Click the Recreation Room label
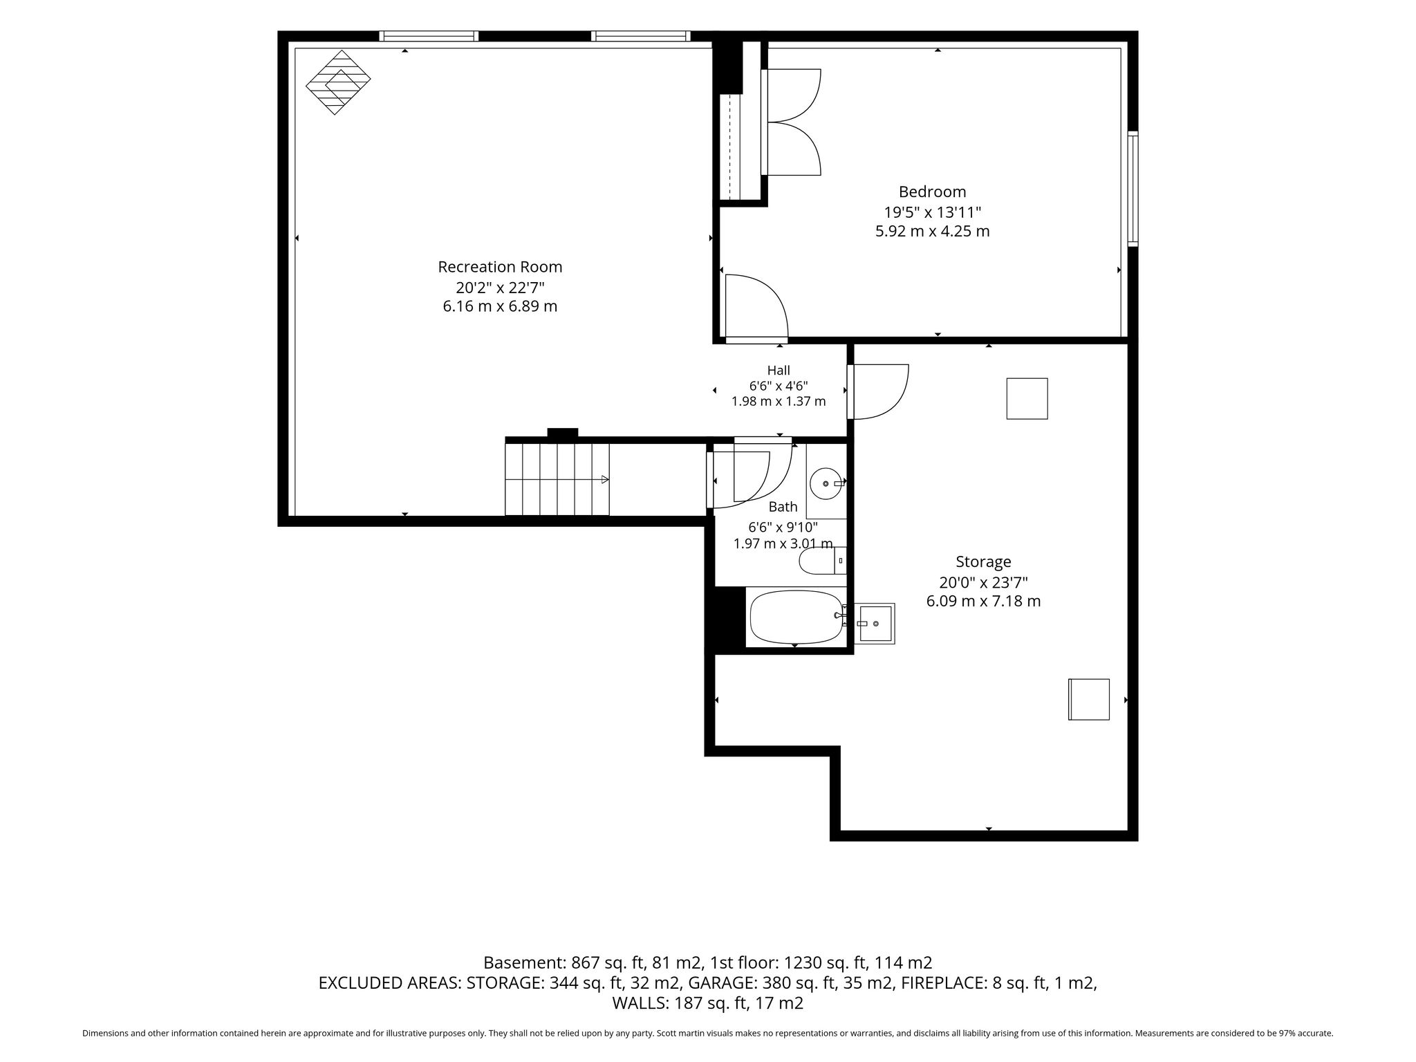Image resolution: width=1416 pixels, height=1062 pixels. pos(500,267)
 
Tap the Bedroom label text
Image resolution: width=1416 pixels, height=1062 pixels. pos(932,192)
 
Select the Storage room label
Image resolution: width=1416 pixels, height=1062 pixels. pos(983,562)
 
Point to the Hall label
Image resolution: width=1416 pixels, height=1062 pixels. pos(779,371)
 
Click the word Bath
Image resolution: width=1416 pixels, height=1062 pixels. pos(783,507)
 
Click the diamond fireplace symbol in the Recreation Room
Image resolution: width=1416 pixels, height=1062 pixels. pos(338,82)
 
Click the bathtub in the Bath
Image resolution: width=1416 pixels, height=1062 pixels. pos(796,617)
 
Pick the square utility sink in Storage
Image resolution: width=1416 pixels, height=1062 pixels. pos(875,624)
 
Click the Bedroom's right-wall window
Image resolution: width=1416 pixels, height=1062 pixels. pos(1133,189)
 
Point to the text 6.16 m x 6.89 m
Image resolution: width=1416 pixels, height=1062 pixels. pos(500,306)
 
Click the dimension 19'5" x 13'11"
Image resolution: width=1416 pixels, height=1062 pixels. pos(932,212)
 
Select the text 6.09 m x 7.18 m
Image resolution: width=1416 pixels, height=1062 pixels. pos(983,602)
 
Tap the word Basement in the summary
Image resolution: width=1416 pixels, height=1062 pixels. pos(523,962)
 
